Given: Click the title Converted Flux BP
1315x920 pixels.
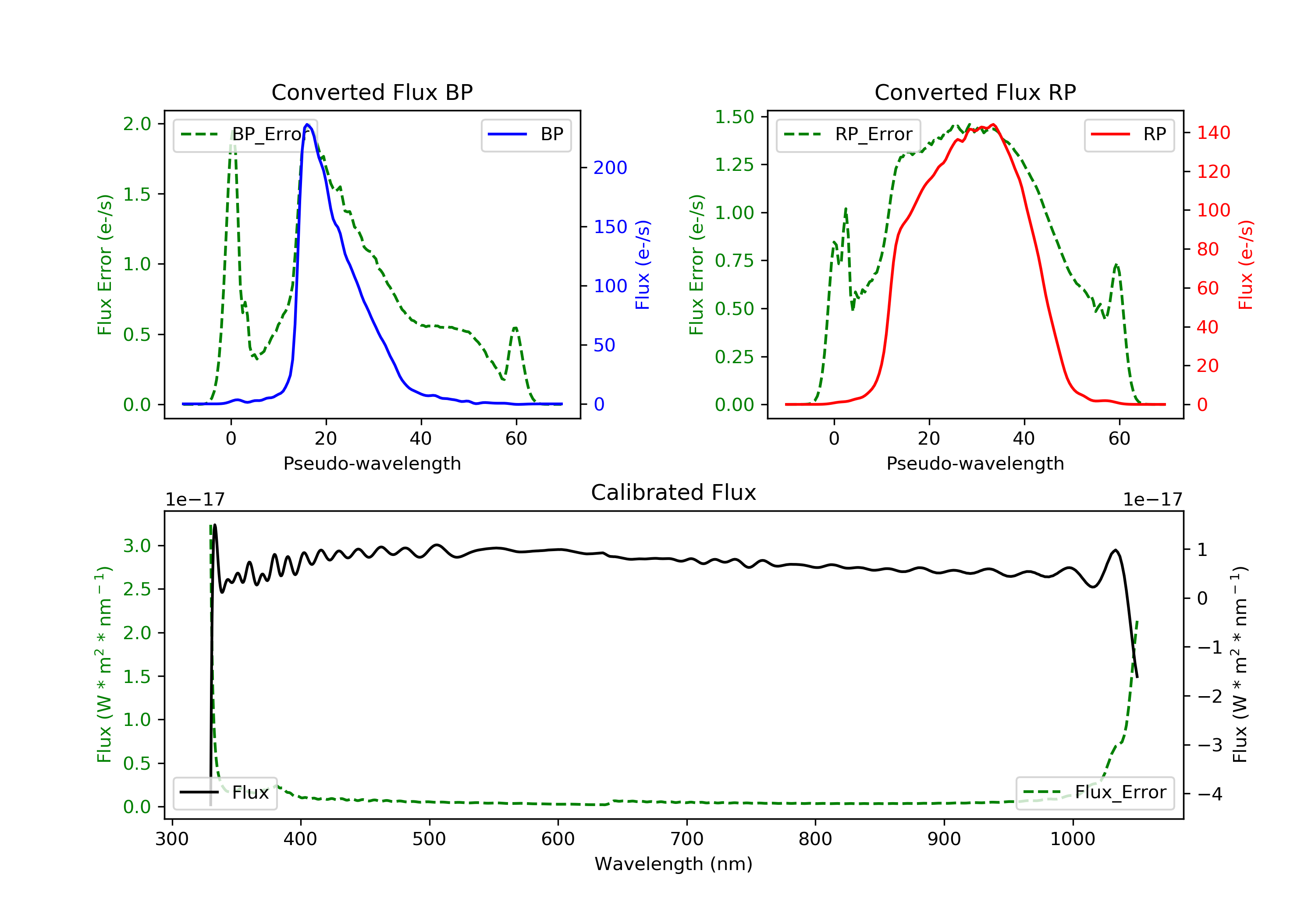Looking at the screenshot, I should click(372, 92).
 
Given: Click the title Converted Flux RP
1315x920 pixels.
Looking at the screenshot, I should click(975, 92).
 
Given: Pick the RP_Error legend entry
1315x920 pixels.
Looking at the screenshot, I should click(848, 134).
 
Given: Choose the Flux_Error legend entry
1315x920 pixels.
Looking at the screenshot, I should click(1095, 793).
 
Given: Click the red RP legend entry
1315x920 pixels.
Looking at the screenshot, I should click(1129, 134).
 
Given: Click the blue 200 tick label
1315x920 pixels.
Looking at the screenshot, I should click(610, 168).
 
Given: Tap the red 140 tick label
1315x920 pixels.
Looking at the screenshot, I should click(1213, 133).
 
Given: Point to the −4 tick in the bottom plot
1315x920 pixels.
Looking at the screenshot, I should click(1209, 794).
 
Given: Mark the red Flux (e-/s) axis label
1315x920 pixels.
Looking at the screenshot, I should click(1246, 265).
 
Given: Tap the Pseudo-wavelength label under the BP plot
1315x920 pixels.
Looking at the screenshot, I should click(372, 463).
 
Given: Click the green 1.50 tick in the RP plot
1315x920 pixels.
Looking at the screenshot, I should click(734, 117).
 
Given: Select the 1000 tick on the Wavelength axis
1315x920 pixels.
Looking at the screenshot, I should click(1072, 839).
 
